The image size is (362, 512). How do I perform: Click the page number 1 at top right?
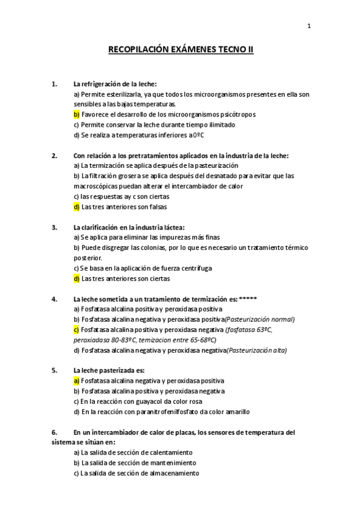[x=309, y=26]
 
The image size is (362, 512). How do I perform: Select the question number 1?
[x=54, y=84]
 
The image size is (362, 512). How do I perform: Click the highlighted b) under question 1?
[x=76, y=114]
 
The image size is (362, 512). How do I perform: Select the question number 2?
[x=54, y=155]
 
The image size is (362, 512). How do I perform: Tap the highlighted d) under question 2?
[x=76, y=206]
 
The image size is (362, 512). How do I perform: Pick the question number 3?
[x=54, y=227]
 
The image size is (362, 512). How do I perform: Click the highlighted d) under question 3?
[x=76, y=278]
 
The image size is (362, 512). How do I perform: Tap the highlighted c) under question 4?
[x=76, y=330]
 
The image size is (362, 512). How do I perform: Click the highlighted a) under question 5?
[x=76, y=381]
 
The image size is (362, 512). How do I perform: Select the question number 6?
[x=54, y=432]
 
